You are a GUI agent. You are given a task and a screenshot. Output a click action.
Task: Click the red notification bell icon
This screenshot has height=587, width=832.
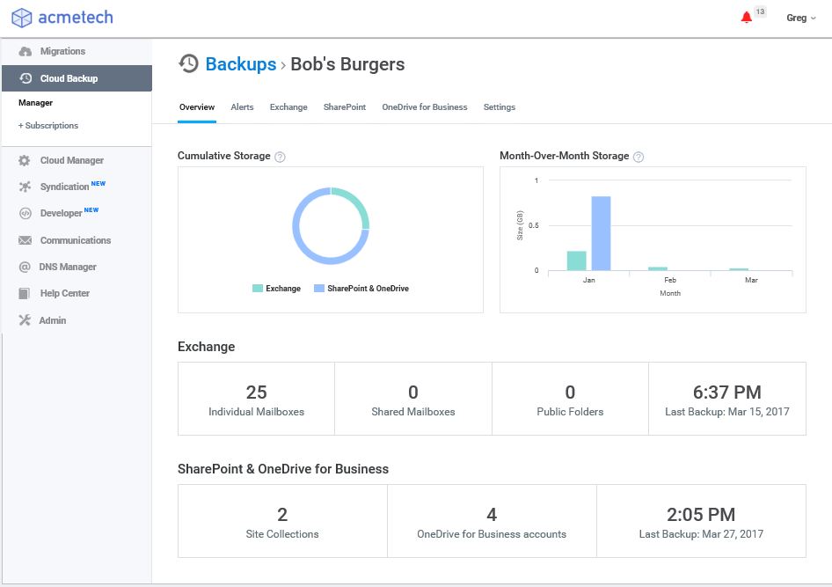pos(746,18)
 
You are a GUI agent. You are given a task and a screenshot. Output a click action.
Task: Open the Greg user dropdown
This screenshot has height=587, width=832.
pos(800,18)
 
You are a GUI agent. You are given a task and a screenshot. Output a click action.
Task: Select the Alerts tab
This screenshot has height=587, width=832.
pos(242,107)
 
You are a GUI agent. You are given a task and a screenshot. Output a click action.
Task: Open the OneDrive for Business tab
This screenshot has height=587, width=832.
pos(425,107)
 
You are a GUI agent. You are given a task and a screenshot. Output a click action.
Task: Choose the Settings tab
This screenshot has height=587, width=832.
pos(500,107)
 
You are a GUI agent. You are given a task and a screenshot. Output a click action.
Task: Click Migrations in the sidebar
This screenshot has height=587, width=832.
pos(62,51)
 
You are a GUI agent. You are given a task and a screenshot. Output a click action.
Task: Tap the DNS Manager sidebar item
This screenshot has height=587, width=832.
pos(68,267)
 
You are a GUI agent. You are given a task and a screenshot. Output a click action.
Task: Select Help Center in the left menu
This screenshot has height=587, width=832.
pos(65,294)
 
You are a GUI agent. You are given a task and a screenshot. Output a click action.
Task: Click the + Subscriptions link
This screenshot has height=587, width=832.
pos(48,126)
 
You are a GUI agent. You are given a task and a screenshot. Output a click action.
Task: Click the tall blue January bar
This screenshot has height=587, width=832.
pos(602,233)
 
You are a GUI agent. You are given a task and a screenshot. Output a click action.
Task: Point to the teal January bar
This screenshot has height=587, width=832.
pos(577,260)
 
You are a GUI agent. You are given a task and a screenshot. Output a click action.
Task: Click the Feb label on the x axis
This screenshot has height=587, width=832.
pos(670,280)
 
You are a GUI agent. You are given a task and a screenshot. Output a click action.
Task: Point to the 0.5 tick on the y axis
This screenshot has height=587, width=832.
pos(533,225)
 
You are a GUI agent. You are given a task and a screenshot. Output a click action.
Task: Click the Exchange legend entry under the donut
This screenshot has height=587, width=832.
pos(276,289)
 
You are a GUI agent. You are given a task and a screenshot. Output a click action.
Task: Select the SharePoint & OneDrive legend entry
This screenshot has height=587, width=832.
pos(361,289)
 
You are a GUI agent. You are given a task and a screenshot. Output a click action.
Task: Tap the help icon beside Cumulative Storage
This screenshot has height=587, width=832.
pos(280,157)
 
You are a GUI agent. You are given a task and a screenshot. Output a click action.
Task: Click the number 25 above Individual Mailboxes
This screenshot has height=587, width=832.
pos(256,393)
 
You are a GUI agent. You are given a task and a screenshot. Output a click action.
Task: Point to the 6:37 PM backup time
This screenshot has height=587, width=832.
pos(727,393)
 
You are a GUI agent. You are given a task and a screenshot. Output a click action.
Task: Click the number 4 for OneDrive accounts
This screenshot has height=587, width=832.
pos(492,514)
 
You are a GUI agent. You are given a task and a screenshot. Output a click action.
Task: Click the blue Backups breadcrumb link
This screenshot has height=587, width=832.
pos(241,64)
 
